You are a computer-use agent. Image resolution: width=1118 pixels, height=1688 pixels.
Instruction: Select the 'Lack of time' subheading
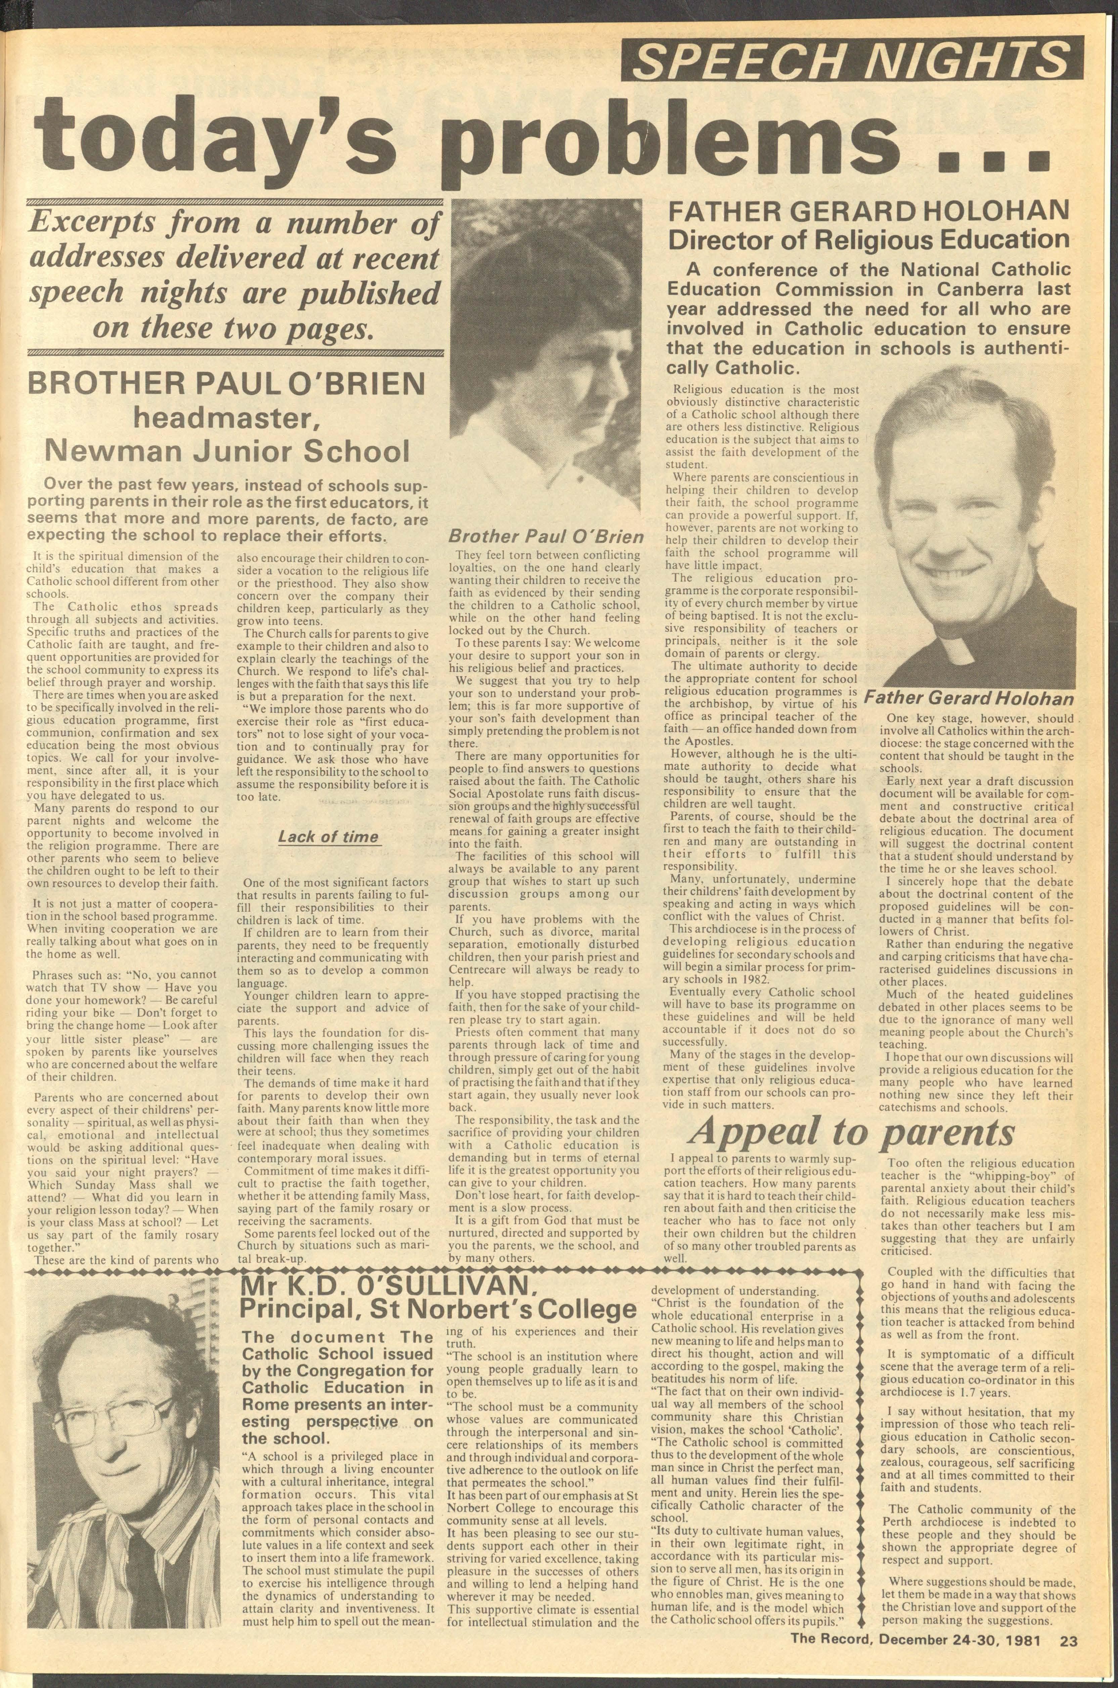[x=329, y=836]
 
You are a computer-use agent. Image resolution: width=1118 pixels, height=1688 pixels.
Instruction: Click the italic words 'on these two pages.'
[x=233, y=328]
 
